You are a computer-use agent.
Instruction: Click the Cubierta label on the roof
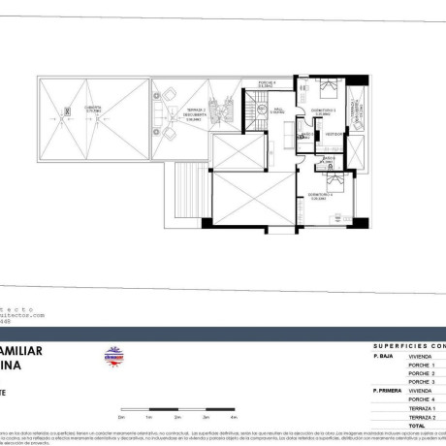click(x=92, y=109)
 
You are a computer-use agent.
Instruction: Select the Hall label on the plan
click(x=276, y=110)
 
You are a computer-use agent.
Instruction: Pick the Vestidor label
click(x=332, y=133)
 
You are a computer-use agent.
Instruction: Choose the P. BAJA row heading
click(x=382, y=356)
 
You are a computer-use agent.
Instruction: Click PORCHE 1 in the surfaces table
click(x=422, y=365)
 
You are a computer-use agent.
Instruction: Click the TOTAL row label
click(x=418, y=426)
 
